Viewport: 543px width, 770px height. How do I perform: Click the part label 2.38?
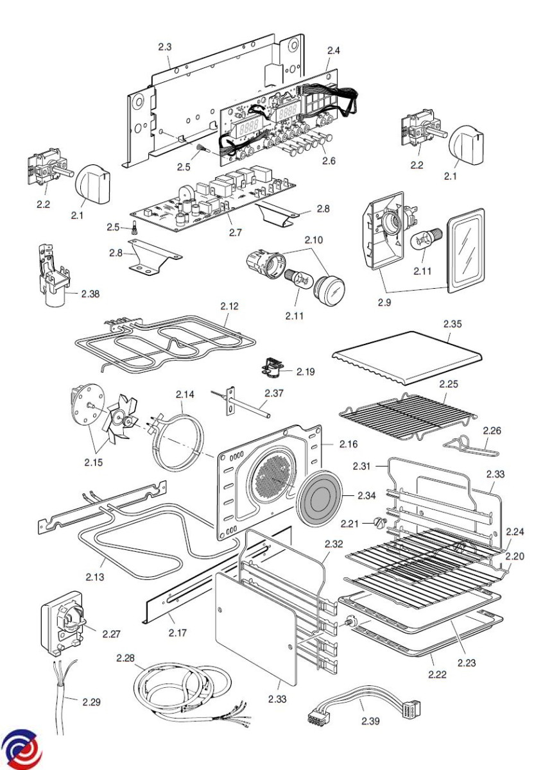(x=90, y=294)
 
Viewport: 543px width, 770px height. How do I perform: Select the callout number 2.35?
(x=452, y=324)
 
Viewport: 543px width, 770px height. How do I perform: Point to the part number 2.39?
(x=370, y=721)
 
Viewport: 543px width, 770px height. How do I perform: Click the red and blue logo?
(x=21, y=750)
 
